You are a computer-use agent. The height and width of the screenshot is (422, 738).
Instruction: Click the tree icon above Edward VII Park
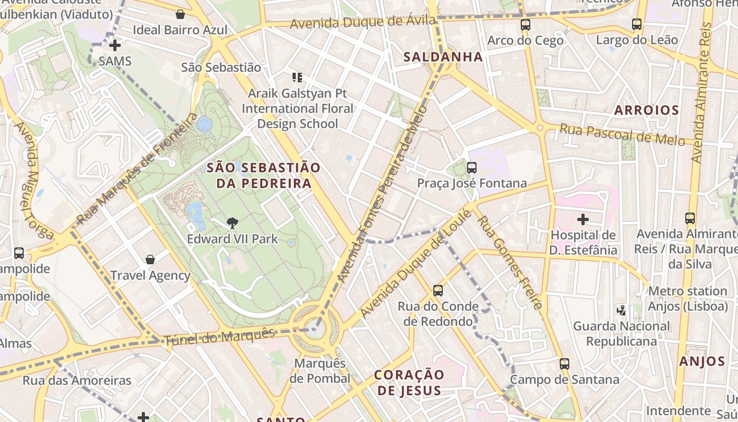coord(232,223)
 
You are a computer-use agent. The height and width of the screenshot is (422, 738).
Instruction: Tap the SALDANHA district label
coord(443,57)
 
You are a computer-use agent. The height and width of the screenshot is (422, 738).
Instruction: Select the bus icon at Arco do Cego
coord(525,24)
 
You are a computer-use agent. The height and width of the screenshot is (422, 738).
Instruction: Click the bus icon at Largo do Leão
coord(637,24)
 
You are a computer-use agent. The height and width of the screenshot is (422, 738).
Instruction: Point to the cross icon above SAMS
coord(115,45)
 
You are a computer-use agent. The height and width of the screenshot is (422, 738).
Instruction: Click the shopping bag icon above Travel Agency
coord(150,260)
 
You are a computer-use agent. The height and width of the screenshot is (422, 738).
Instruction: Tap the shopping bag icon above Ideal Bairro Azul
coord(180,14)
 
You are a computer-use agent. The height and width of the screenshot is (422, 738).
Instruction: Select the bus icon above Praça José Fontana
coord(472,168)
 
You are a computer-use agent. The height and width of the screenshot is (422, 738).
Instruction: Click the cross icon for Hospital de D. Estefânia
coord(583,219)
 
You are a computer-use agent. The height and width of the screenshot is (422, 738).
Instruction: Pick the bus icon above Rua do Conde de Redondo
coord(438,290)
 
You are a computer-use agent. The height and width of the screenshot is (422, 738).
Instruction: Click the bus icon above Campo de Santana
coord(565,363)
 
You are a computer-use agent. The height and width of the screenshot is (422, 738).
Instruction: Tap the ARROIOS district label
coord(646,110)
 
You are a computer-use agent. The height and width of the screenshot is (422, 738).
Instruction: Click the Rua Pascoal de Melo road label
coord(622,135)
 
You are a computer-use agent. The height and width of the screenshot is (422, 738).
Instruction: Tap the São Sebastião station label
coord(221,68)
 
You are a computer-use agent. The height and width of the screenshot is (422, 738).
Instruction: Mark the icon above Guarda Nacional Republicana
coord(622,310)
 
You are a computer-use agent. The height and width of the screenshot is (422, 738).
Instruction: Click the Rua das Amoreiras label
coord(77,380)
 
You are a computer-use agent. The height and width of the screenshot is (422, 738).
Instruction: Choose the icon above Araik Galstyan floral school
coord(297,78)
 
